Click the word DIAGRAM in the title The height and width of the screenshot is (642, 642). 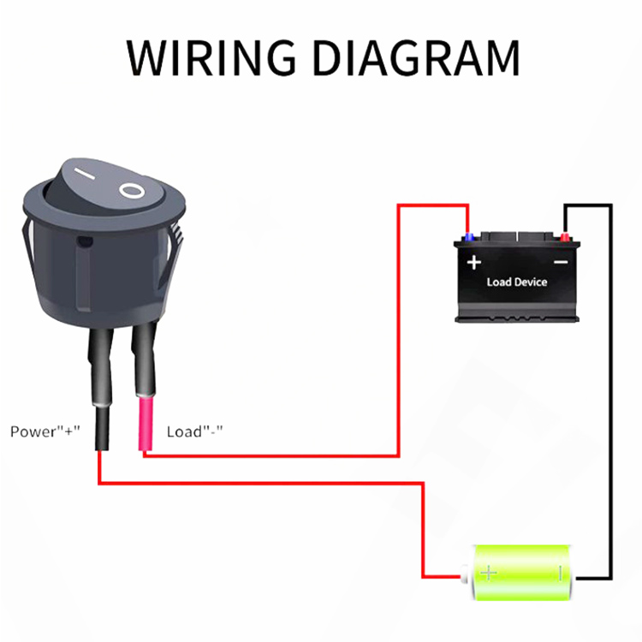coord(417,57)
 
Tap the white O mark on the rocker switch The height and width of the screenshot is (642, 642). coord(132,191)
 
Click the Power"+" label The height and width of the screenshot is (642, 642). coord(45,431)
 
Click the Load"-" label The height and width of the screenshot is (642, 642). coord(194,431)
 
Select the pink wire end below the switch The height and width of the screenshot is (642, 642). coord(146,423)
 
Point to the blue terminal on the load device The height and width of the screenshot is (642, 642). coord(469,237)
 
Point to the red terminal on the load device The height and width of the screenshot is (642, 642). coord(565,237)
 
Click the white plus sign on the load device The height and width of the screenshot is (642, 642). coord(474,262)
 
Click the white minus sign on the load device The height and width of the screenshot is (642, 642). coord(561,262)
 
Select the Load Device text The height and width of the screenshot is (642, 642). coord(517,282)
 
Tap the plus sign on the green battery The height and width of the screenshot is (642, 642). coord(489,573)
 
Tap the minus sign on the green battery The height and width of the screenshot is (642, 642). coord(560,573)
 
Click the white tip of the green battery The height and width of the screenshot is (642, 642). coord(465,574)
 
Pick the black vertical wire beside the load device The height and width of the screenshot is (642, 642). coord(611,391)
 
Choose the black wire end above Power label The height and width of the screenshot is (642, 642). coord(102,428)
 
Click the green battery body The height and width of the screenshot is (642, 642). coord(520,573)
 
